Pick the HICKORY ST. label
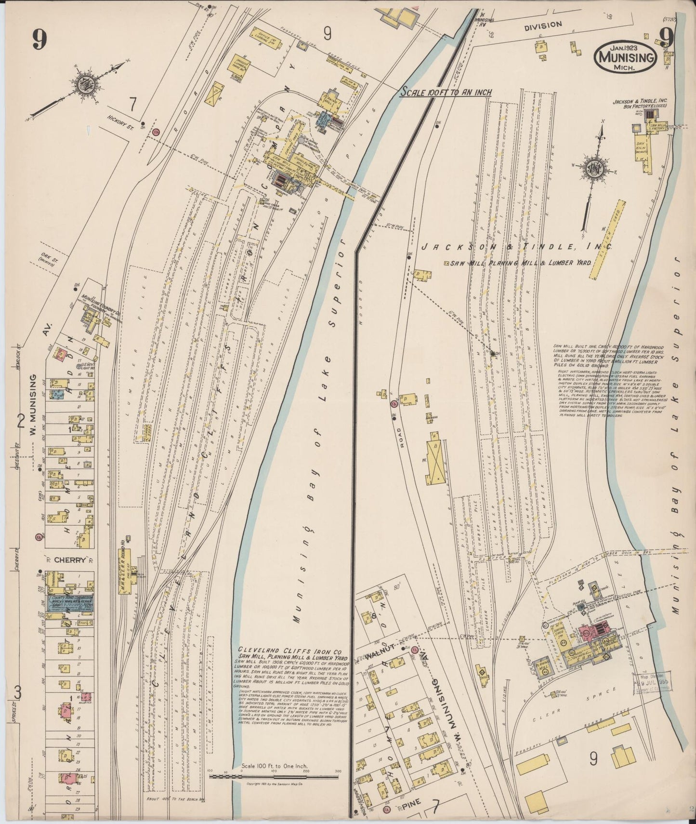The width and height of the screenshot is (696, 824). click(114, 116)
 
